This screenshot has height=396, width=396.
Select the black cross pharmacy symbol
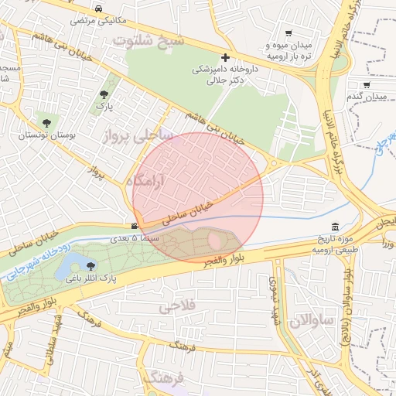coord(225,57)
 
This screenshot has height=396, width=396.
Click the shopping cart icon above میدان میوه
coord(288,33)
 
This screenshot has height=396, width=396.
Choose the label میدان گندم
coord(365,97)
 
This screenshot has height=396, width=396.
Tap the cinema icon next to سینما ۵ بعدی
coord(135,227)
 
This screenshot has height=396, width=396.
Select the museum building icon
coord(334,227)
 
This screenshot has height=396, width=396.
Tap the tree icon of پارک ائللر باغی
coord(91,266)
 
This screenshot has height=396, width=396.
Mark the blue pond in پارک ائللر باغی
coord(67,269)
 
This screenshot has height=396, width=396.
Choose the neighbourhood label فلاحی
coord(178,306)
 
